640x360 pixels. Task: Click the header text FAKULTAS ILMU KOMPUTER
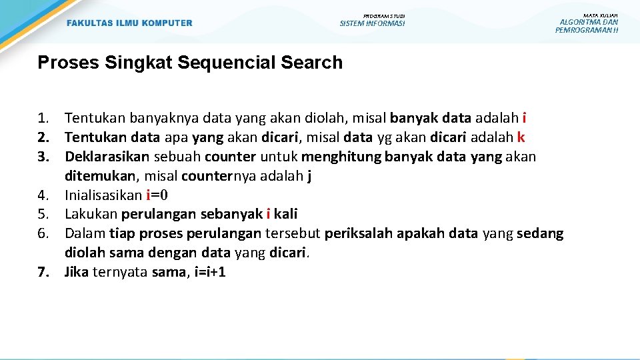tap(129, 23)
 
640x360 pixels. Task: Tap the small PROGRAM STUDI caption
tap(384, 15)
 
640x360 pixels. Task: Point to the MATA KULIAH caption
tap(600, 15)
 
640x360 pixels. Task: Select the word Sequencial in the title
tap(229, 63)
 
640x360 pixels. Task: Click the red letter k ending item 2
tap(521, 138)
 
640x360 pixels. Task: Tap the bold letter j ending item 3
tap(309, 176)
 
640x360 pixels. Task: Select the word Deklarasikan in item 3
tap(108, 157)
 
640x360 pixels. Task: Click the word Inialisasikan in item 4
tap(103, 195)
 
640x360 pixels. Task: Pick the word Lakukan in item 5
tap(91, 215)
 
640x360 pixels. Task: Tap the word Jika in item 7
tap(77, 272)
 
